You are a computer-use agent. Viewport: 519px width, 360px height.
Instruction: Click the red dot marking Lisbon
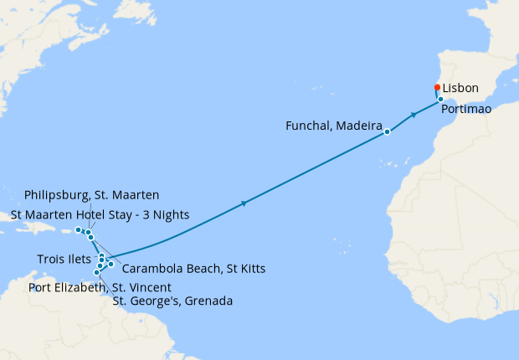(437, 87)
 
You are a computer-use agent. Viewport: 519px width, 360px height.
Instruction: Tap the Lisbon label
(460, 88)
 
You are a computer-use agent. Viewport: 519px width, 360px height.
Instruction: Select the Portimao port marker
(440, 100)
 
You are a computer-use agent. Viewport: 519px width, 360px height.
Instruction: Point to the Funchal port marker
(387, 131)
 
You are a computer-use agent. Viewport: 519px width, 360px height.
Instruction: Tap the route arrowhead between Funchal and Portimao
(414, 115)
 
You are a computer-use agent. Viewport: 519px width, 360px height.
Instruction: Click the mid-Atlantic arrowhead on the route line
(244, 203)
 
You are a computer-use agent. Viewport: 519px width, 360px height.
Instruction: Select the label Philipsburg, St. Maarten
(98, 195)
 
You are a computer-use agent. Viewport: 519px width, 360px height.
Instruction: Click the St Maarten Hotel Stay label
(100, 214)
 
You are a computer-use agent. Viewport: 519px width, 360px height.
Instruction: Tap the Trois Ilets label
(64, 259)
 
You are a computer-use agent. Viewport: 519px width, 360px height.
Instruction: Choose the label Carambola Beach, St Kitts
(193, 269)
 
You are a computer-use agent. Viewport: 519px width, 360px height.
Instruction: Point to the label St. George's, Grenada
(172, 301)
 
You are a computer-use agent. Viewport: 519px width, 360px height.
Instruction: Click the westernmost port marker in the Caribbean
(78, 229)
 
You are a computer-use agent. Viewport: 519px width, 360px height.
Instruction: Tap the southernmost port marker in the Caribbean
(97, 272)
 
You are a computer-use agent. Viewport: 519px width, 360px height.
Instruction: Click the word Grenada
(208, 301)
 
